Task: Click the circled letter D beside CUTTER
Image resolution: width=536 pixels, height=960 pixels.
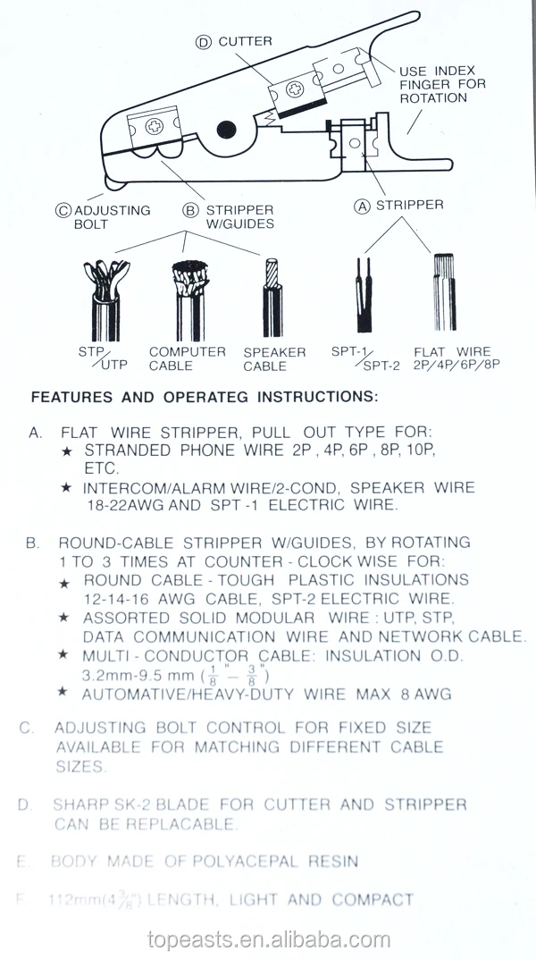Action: pyautogui.click(x=204, y=42)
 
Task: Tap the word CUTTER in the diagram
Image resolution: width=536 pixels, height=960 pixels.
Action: pyautogui.click(x=245, y=41)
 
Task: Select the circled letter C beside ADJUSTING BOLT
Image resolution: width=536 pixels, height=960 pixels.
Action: pyautogui.click(x=63, y=211)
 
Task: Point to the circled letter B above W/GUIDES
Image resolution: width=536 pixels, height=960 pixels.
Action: pyautogui.click(x=189, y=211)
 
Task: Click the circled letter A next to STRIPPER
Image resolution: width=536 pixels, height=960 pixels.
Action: pyautogui.click(x=363, y=205)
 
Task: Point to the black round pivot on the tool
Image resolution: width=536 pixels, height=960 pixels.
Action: pyautogui.click(x=226, y=130)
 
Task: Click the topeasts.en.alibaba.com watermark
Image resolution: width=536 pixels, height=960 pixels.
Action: pyautogui.click(x=268, y=940)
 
